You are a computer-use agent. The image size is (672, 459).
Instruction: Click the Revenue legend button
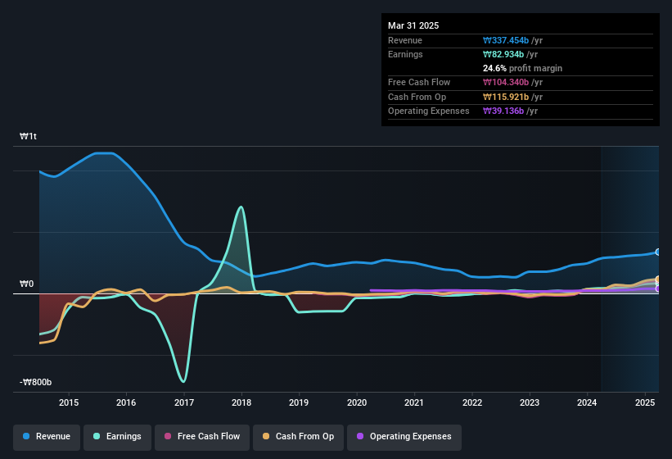click(x=47, y=436)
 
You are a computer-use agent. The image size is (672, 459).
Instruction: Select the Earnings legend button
click(x=118, y=436)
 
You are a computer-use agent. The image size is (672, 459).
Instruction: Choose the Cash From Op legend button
click(x=298, y=436)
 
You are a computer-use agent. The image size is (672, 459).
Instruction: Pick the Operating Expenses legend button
click(x=404, y=436)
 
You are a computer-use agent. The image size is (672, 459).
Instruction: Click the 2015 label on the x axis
click(x=69, y=402)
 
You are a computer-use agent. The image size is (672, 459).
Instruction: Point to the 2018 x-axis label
click(x=241, y=402)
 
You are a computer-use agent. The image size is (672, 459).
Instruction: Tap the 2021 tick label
click(x=414, y=402)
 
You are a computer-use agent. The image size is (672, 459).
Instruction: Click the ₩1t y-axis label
click(x=28, y=137)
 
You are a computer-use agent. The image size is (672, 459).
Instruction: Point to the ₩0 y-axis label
click(x=27, y=284)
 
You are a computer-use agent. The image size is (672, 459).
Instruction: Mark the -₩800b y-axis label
click(x=36, y=383)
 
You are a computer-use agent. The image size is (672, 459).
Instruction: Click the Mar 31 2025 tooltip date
click(x=413, y=25)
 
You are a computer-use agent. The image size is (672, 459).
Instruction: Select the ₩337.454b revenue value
click(x=512, y=40)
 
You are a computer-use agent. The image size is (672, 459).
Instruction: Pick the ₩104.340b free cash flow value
click(x=512, y=82)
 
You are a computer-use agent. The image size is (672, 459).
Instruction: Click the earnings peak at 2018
click(x=241, y=207)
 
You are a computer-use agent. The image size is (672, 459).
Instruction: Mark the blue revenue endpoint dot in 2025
click(x=657, y=252)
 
